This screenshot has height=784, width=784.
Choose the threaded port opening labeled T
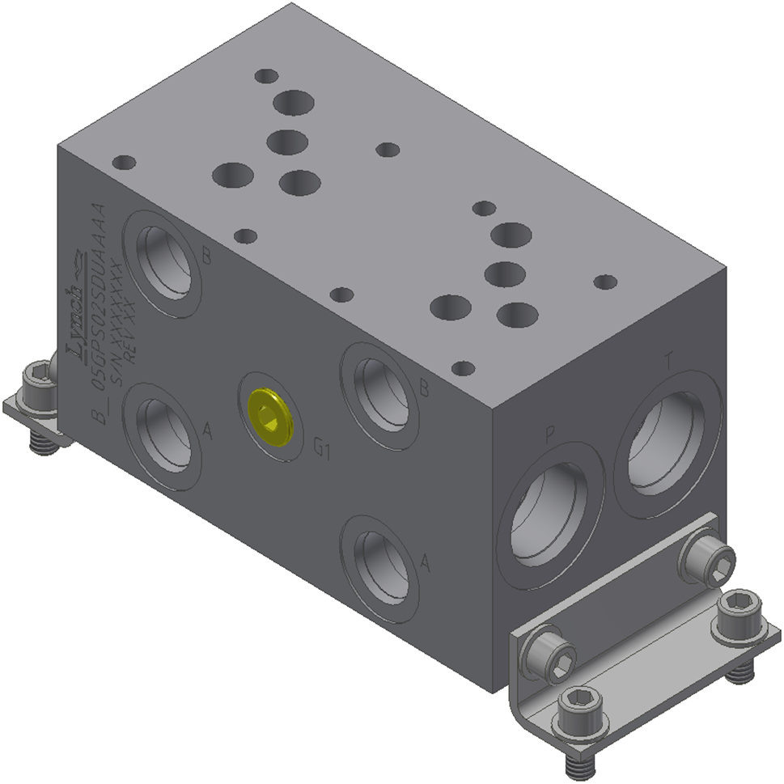point(667,442)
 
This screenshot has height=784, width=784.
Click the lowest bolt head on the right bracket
point(576,705)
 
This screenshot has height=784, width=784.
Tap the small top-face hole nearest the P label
point(462,369)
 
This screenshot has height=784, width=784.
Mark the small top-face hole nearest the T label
point(604,282)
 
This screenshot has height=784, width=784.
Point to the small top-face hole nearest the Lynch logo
point(124,163)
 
